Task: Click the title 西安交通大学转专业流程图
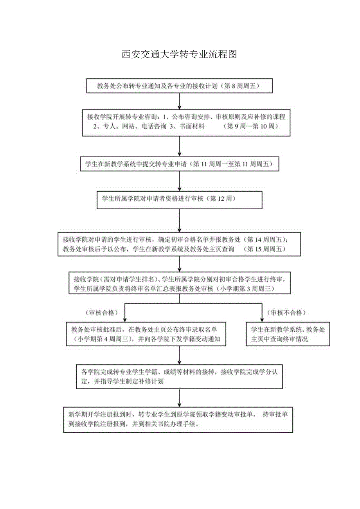180,54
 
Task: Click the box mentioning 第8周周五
179,86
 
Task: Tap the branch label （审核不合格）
286,313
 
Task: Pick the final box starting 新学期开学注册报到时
178,419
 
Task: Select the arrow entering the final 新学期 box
179,397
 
